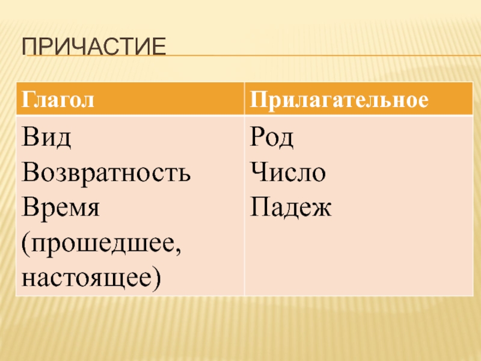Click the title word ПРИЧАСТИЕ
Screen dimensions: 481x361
(94, 46)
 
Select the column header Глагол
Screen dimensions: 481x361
(58, 100)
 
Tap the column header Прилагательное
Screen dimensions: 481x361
(339, 100)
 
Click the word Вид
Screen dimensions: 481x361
(46, 137)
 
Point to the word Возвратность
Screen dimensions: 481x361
(106, 172)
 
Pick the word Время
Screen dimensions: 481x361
(61, 207)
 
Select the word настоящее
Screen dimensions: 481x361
(87, 279)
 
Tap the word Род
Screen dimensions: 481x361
(272, 138)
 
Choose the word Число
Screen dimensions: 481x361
(288, 172)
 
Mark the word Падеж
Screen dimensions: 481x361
(290, 208)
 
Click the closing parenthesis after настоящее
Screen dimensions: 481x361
(156, 279)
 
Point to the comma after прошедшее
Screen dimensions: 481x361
(177, 251)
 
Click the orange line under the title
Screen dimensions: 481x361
(254, 55)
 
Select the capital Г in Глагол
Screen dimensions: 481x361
(28, 99)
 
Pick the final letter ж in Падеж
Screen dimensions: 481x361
(322, 209)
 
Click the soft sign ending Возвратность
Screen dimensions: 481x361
(183, 174)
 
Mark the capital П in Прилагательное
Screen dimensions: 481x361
(258, 99)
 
